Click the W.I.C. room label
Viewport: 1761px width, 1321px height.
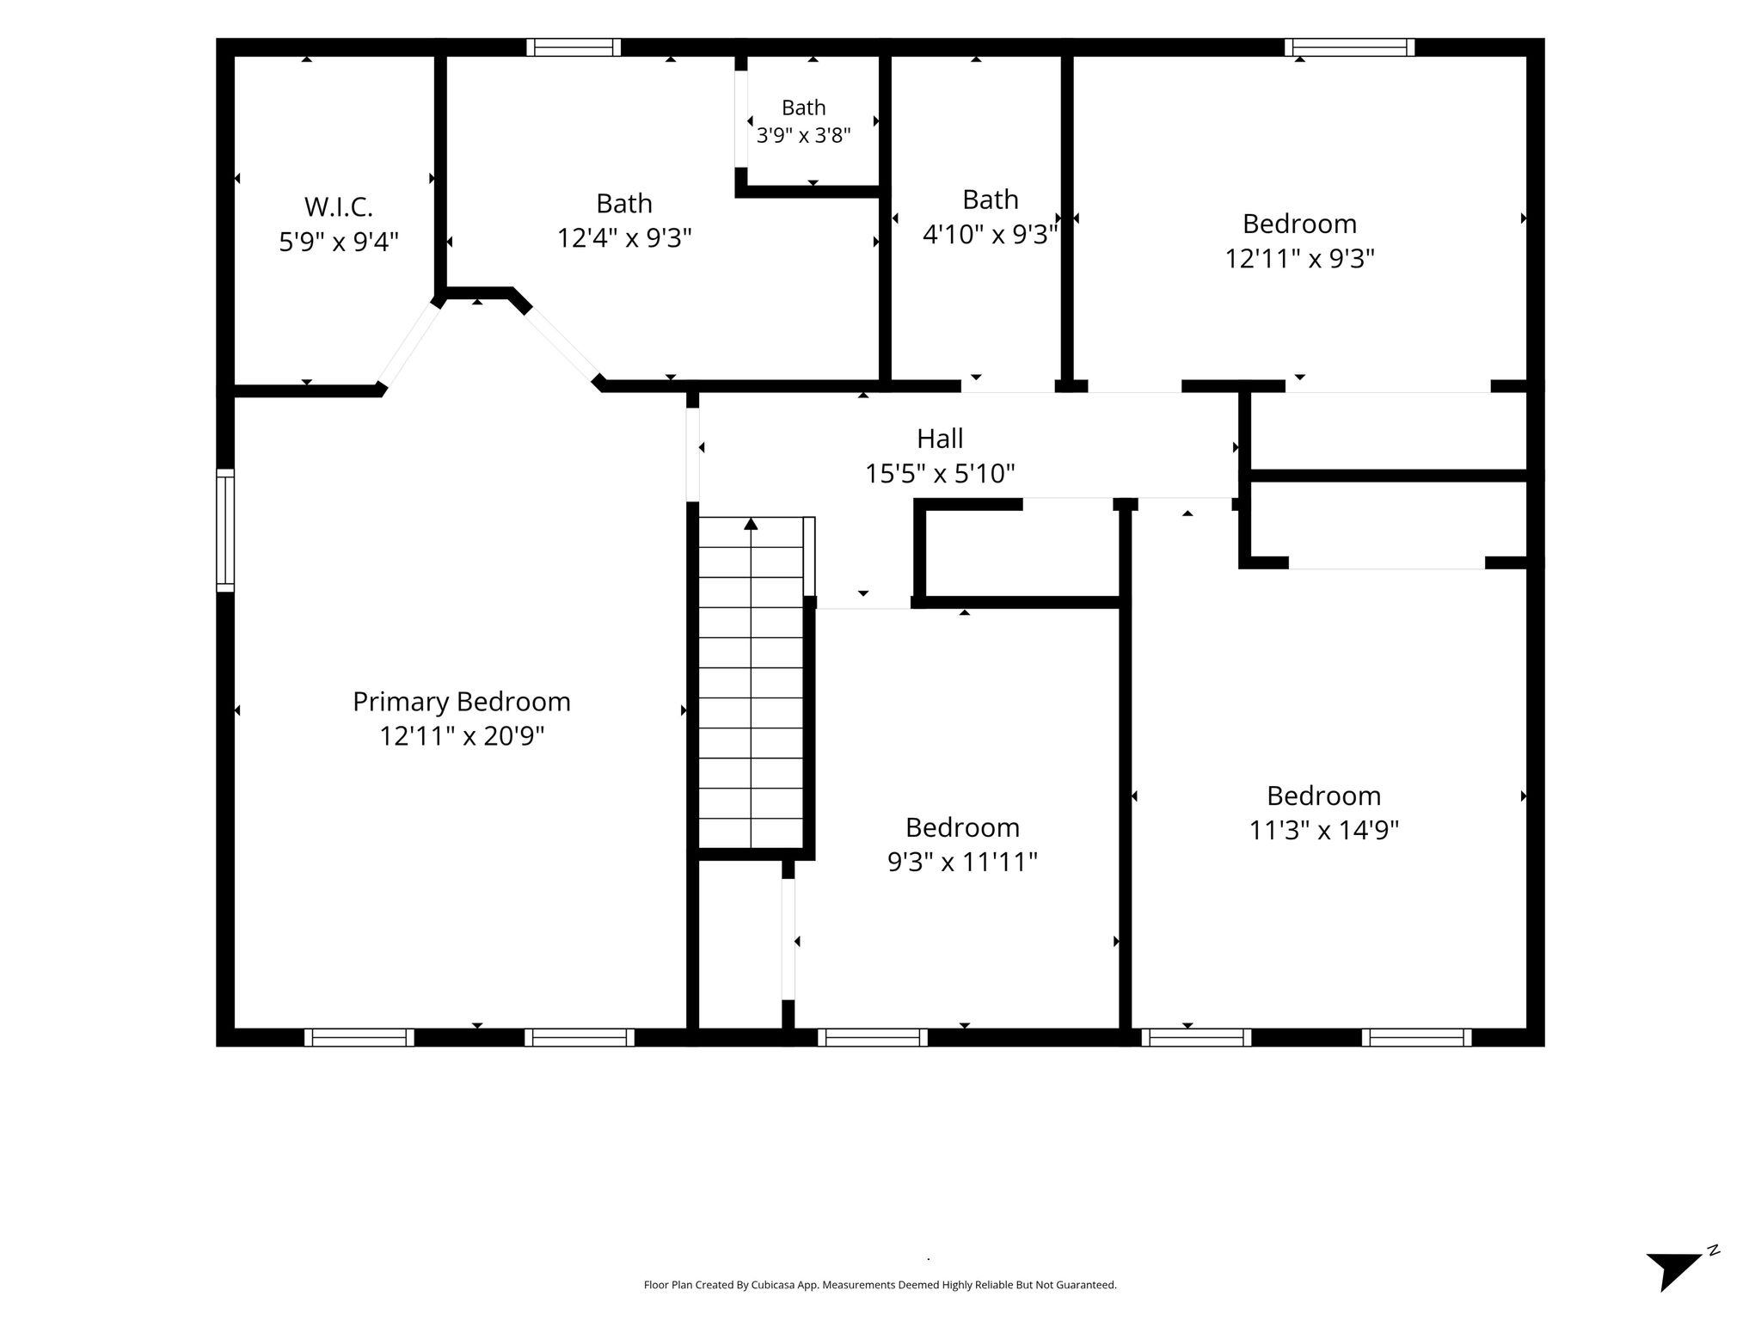[339, 207]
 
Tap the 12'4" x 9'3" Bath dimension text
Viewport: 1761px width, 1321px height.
[624, 237]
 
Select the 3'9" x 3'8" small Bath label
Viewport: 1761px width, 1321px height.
[804, 135]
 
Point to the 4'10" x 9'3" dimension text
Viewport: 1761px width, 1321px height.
[990, 234]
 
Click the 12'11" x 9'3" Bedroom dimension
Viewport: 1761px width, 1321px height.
[1300, 258]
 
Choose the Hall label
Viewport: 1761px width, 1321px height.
[940, 439]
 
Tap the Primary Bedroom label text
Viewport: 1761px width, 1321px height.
[462, 702]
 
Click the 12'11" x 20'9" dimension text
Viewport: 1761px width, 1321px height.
[463, 736]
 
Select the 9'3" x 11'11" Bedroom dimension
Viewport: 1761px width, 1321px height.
[963, 862]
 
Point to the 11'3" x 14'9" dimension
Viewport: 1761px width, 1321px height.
[1324, 830]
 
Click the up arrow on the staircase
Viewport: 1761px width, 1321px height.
[752, 523]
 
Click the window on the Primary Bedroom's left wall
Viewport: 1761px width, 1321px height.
[224, 531]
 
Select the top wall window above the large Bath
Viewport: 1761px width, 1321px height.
[574, 47]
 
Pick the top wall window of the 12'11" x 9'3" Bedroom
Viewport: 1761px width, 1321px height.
[1349, 47]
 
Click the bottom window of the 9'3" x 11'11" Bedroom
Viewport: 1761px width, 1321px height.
[873, 1037]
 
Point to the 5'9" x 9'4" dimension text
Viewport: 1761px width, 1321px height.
[339, 242]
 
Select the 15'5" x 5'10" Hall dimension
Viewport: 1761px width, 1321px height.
[940, 473]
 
